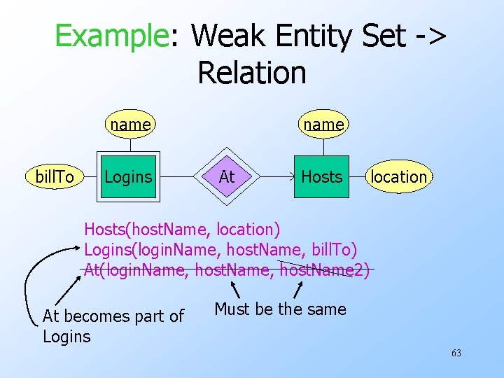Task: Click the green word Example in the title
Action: pos(111,36)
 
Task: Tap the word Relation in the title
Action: pos(252,73)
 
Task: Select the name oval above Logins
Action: pos(130,125)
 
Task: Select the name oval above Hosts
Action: pos(323,125)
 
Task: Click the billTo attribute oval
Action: pos(55,177)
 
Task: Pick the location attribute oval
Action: pos(398,177)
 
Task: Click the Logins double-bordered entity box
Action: pos(128,177)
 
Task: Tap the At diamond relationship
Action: pos(227,177)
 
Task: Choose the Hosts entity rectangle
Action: pos(321,177)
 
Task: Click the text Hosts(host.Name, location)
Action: pos(182,229)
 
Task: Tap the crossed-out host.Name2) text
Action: pos(323,269)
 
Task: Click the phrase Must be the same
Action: pos(280,309)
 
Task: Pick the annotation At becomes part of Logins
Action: pos(113,326)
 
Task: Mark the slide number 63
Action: pos(456,353)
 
